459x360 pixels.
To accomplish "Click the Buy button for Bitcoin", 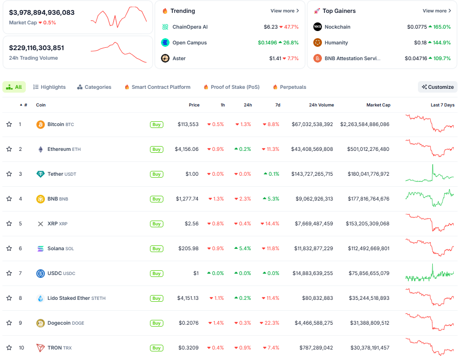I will coord(156,125).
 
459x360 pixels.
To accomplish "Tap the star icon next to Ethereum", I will coord(9,149).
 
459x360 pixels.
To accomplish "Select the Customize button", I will coord(438,87).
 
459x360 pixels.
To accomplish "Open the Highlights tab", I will coord(50,87).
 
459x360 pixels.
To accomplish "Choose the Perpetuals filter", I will coord(289,87).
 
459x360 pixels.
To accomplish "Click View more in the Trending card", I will coord(285,11).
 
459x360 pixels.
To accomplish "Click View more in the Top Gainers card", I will coord(437,11).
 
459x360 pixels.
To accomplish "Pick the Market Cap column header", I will coord(378,105).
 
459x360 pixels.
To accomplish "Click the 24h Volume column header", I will coord(321,105).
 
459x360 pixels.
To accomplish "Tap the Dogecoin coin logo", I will coord(41,323).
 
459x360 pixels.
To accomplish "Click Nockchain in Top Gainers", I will coord(337,27).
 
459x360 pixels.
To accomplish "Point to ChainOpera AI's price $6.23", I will coord(270,27).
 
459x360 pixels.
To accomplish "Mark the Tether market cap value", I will coord(364,174).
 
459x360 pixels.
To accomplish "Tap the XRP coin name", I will coord(52,224).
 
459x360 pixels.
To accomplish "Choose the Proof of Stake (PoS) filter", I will coord(232,87).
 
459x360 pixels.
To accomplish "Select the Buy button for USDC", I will coord(156,274).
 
